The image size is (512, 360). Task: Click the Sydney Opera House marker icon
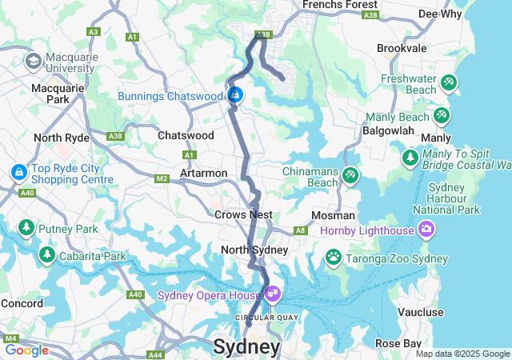(273, 295)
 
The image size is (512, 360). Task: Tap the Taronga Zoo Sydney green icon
(333, 257)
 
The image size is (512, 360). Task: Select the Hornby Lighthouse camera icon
(426, 230)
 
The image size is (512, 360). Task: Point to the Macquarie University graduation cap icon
(34, 62)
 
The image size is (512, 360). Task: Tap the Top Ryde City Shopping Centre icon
(18, 172)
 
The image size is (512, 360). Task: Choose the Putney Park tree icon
(26, 230)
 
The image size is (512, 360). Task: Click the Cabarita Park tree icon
(47, 255)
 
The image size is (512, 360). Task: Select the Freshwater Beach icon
(448, 82)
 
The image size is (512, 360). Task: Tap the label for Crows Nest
(243, 214)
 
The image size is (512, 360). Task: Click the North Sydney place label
(254, 250)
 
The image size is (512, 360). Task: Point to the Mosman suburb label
(334, 216)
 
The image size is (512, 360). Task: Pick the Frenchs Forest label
(333, 4)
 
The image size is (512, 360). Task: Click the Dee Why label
(439, 14)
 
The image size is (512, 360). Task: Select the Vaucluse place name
(437, 312)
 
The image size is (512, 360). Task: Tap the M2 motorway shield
(162, 178)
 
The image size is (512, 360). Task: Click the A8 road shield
(300, 230)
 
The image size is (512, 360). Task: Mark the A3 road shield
(93, 32)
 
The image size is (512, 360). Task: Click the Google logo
(26, 350)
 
